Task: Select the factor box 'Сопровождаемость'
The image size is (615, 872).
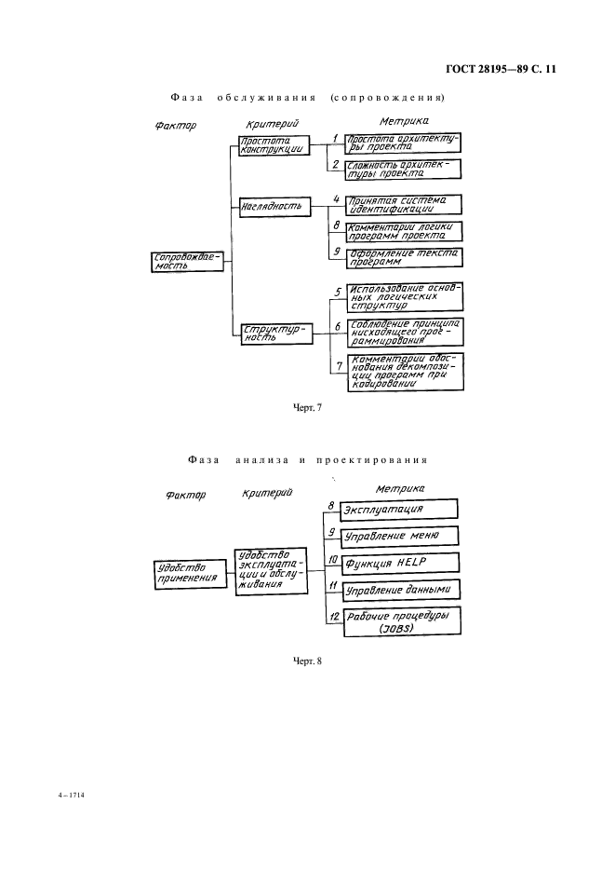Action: point(186,261)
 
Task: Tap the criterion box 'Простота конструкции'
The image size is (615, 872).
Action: point(273,145)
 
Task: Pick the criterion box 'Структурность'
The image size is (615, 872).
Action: point(273,333)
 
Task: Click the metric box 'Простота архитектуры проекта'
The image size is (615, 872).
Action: point(403,142)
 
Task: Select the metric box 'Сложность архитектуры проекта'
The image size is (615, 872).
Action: point(403,168)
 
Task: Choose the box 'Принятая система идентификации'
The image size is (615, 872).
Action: point(403,204)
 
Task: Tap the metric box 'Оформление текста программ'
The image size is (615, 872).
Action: point(403,258)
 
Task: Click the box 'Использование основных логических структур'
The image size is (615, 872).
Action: point(403,297)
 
